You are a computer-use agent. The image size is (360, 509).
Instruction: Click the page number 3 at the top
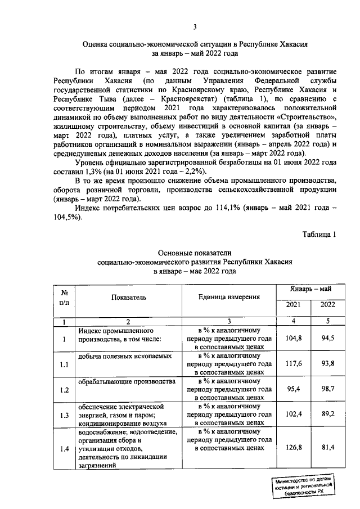click(194, 26)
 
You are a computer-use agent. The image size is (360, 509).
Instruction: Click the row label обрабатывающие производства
click(123, 382)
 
